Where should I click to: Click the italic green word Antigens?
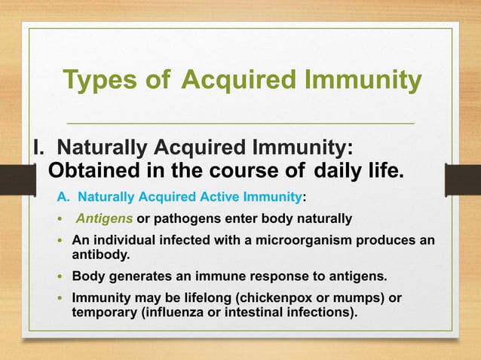pyautogui.click(x=105, y=219)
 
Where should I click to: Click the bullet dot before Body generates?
pyautogui.click(x=61, y=276)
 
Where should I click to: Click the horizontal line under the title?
pyautogui.click(x=240, y=122)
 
